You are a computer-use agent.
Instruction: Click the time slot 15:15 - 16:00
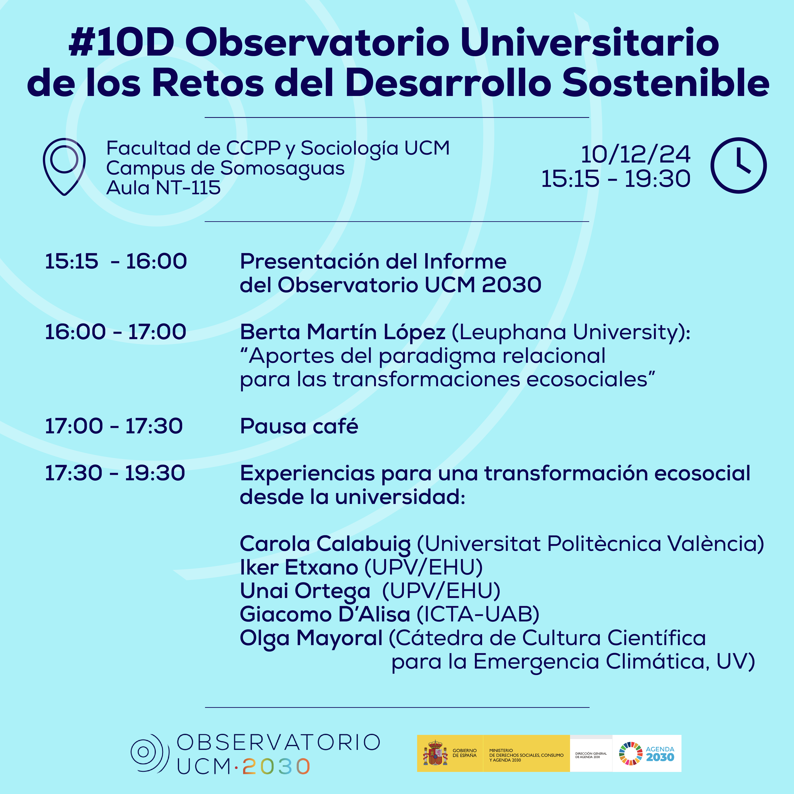pyautogui.click(x=116, y=261)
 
